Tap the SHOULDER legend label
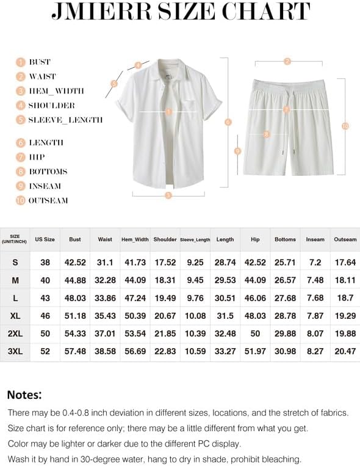point(52,105)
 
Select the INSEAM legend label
point(45,186)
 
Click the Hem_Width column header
point(135,239)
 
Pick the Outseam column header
point(345,239)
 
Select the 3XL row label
point(15,352)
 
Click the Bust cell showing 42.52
point(75,262)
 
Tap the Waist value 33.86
point(105,298)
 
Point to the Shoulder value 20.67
point(165,316)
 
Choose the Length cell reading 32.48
point(225,333)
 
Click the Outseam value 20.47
point(345,352)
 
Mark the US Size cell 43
point(45,298)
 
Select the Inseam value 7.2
point(315,262)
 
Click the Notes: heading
point(24,395)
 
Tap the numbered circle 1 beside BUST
point(20,62)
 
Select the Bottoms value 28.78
point(285,316)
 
